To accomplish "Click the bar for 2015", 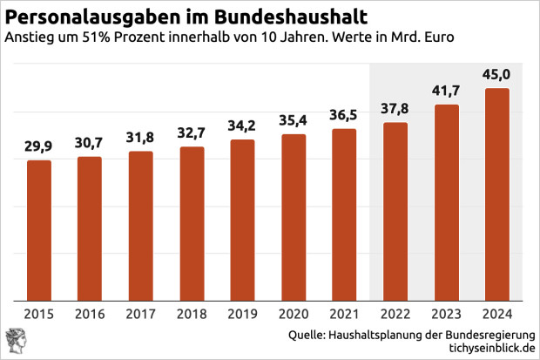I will (x=39, y=229).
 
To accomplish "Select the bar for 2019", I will (x=242, y=219).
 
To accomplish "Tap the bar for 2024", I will (x=496, y=194).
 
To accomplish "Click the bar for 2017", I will (x=140, y=225).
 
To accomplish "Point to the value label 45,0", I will (x=496, y=74).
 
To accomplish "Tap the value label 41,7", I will (x=445, y=90).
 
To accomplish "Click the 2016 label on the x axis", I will (x=90, y=315).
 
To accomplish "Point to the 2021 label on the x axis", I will (x=344, y=315).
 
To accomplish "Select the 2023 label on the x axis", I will (x=445, y=315).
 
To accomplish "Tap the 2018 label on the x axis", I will (x=191, y=315).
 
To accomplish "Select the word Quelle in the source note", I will (x=307, y=334).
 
